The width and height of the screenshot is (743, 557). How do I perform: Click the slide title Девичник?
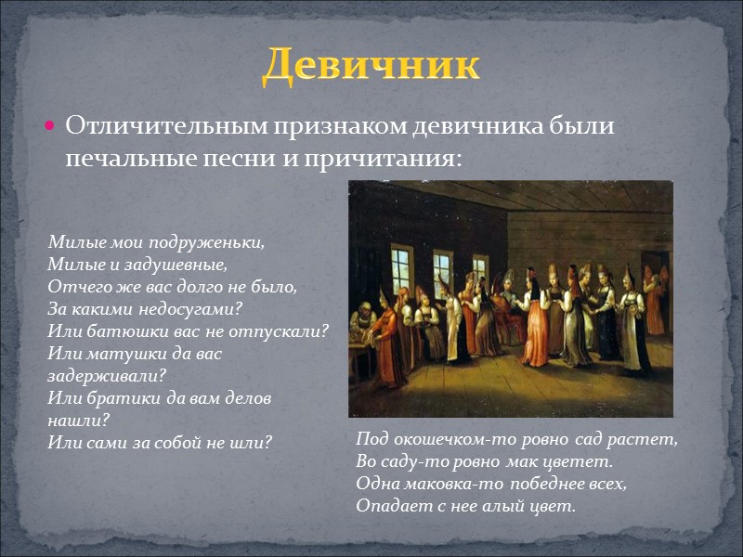pos(371,66)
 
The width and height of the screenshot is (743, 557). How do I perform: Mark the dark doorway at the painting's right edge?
pos(661,278)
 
